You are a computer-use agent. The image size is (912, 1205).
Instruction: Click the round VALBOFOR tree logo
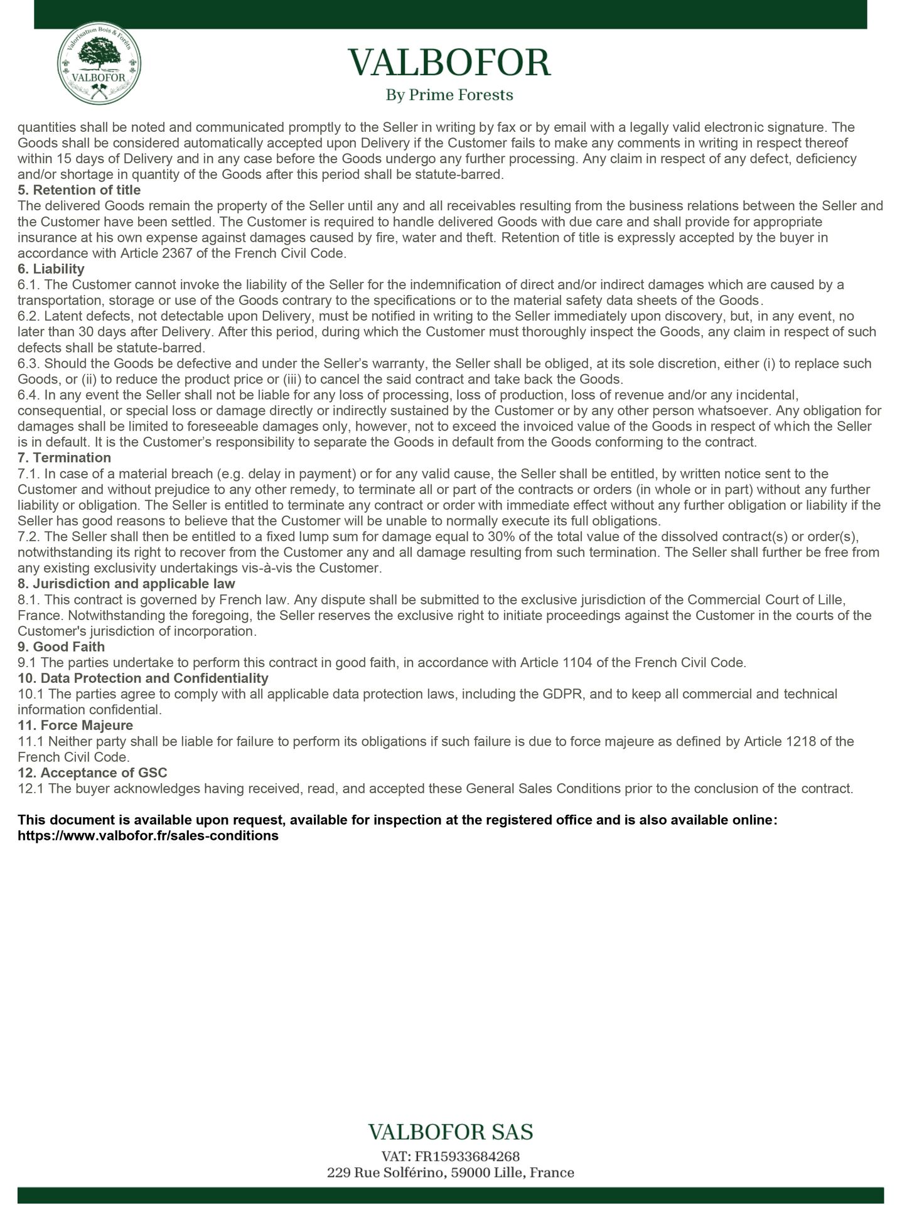[x=99, y=68]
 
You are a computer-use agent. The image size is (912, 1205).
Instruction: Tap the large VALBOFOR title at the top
[x=449, y=63]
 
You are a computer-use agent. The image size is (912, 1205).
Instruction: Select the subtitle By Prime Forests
[x=449, y=95]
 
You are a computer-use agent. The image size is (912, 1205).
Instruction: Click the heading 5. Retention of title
[x=79, y=190]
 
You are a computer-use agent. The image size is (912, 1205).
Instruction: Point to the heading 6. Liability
[x=51, y=269]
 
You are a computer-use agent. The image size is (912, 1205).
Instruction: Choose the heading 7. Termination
[x=64, y=458]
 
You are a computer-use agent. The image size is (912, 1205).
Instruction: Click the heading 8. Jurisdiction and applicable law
[x=126, y=584]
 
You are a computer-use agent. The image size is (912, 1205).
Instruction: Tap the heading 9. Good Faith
[x=61, y=647]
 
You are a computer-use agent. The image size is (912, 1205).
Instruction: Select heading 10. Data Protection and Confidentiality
[x=142, y=678]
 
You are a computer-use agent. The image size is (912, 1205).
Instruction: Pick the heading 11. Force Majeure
[x=75, y=726]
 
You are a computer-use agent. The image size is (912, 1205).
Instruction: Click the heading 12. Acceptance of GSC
[x=92, y=773]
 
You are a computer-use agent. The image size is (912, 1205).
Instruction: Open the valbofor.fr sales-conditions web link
[x=148, y=836]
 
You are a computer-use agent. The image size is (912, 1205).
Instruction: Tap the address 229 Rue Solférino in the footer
[x=450, y=1172]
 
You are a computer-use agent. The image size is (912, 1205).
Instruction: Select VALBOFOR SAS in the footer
[x=450, y=1132]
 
